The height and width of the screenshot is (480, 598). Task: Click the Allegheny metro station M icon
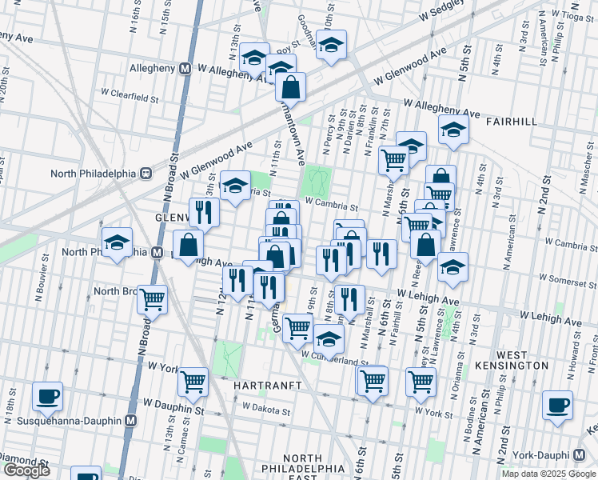coord(185,69)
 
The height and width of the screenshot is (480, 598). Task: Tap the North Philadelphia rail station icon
coord(146,173)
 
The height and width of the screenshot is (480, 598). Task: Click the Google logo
coord(26,470)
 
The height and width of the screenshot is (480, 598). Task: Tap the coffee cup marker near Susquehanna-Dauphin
coord(48,396)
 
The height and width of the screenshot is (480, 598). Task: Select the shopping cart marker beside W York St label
coord(193,382)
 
